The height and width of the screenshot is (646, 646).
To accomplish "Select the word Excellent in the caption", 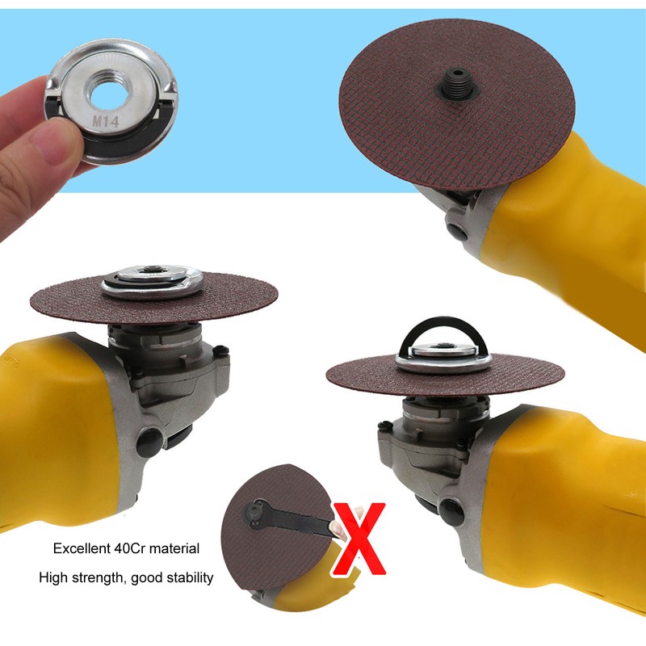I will (82, 549).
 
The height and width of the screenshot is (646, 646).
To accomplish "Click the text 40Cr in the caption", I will (133, 549).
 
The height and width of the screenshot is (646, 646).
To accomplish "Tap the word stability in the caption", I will (188, 577).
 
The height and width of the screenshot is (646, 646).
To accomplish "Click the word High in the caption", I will (52, 577).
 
